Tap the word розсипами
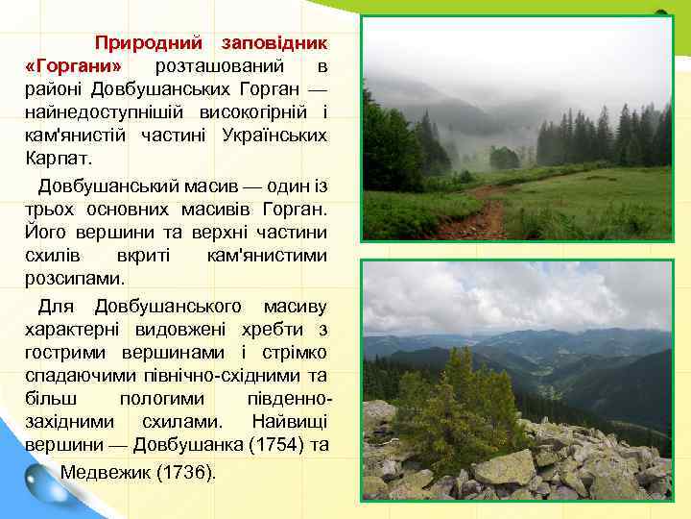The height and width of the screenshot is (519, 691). click(75, 278)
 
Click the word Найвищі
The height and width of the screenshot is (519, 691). click(291, 422)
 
